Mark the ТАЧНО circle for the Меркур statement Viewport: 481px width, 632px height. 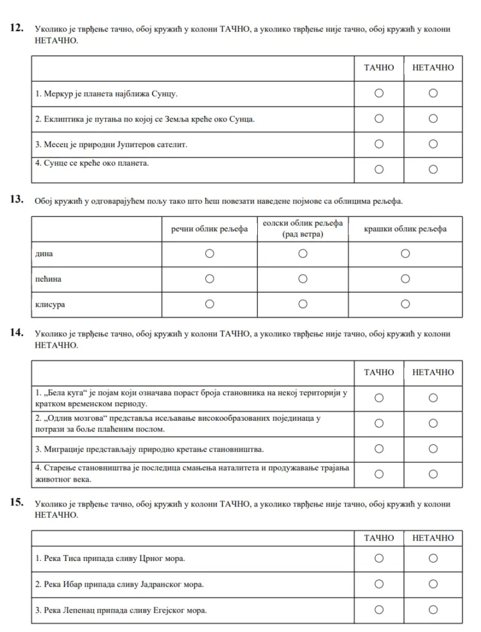coord(379,93)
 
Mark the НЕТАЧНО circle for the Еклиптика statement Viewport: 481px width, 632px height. coord(433,118)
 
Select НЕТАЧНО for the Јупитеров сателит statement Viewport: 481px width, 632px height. coord(433,144)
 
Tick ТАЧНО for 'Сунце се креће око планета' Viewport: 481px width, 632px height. coord(379,169)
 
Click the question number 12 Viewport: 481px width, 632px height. coord(17,28)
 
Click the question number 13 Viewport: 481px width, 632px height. coord(17,200)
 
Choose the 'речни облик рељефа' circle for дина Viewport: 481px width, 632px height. coord(209,254)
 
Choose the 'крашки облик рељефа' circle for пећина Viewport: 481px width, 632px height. coord(405,279)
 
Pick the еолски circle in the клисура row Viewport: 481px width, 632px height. coord(303,305)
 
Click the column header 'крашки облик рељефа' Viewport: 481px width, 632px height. coord(405,229)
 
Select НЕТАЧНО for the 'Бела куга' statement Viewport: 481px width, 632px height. coord(433,398)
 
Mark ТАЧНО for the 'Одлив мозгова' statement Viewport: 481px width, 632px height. coord(379,423)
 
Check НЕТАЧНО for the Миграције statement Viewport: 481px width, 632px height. coord(433,449)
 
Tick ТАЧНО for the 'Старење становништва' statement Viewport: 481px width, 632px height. coord(379,474)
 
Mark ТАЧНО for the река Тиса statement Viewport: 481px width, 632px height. coord(379,558)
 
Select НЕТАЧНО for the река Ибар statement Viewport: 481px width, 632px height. coord(433,584)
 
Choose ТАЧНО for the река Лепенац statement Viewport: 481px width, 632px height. coord(379,610)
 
